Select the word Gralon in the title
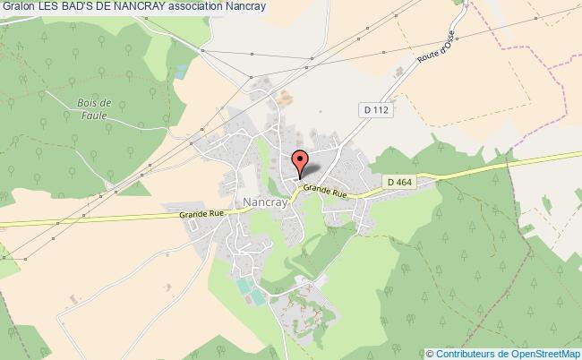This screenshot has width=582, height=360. pos(18,7)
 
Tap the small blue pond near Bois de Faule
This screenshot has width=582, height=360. pos(182,69)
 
